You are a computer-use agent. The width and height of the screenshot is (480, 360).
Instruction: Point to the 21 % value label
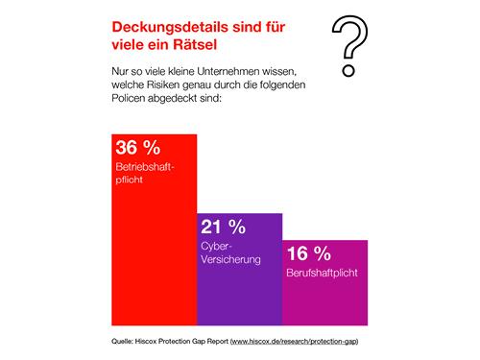[222, 228]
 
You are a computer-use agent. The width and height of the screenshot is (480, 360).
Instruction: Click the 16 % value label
[309, 254]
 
